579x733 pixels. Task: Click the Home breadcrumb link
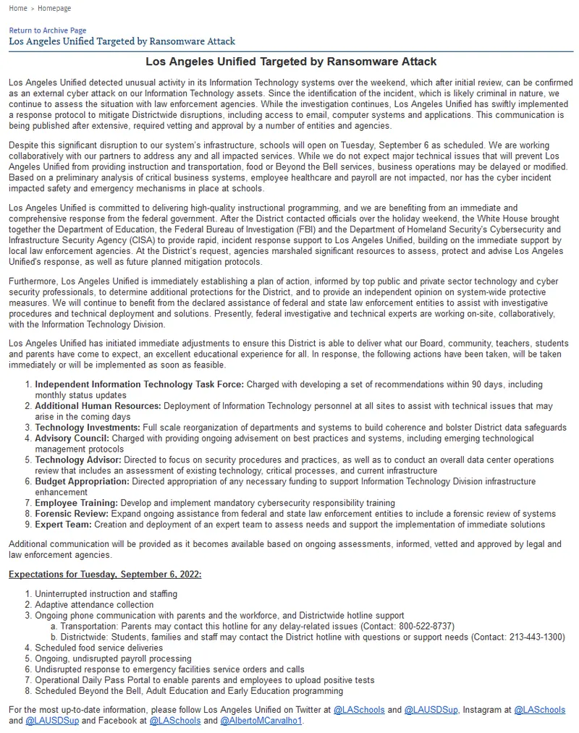(18, 9)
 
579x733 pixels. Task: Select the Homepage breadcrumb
(54, 9)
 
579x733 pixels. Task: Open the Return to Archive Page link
(47, 30)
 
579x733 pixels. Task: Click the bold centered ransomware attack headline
(291, 62)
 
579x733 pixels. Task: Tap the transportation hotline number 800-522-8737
(428, 626)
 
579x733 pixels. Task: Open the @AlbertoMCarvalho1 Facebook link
(261, 721)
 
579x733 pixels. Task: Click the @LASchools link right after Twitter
(358, 710)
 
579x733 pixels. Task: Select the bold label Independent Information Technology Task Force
(139, 384)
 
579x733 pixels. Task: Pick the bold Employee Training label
(76, 503)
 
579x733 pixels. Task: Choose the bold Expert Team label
(64, 525)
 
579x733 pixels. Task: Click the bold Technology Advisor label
(78, 459)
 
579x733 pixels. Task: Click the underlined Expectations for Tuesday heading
(105, 575)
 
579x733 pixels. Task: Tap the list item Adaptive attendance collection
(94, 604)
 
